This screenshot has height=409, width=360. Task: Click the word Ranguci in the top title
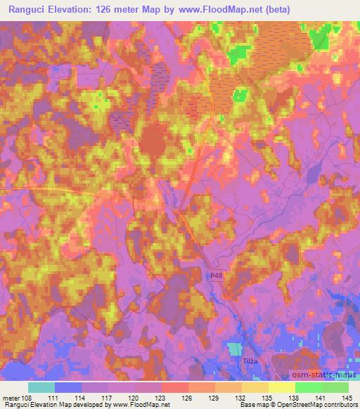[26, 9]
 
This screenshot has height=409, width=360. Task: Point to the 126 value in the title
[116, 9]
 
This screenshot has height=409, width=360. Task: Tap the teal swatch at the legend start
[41, 387]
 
